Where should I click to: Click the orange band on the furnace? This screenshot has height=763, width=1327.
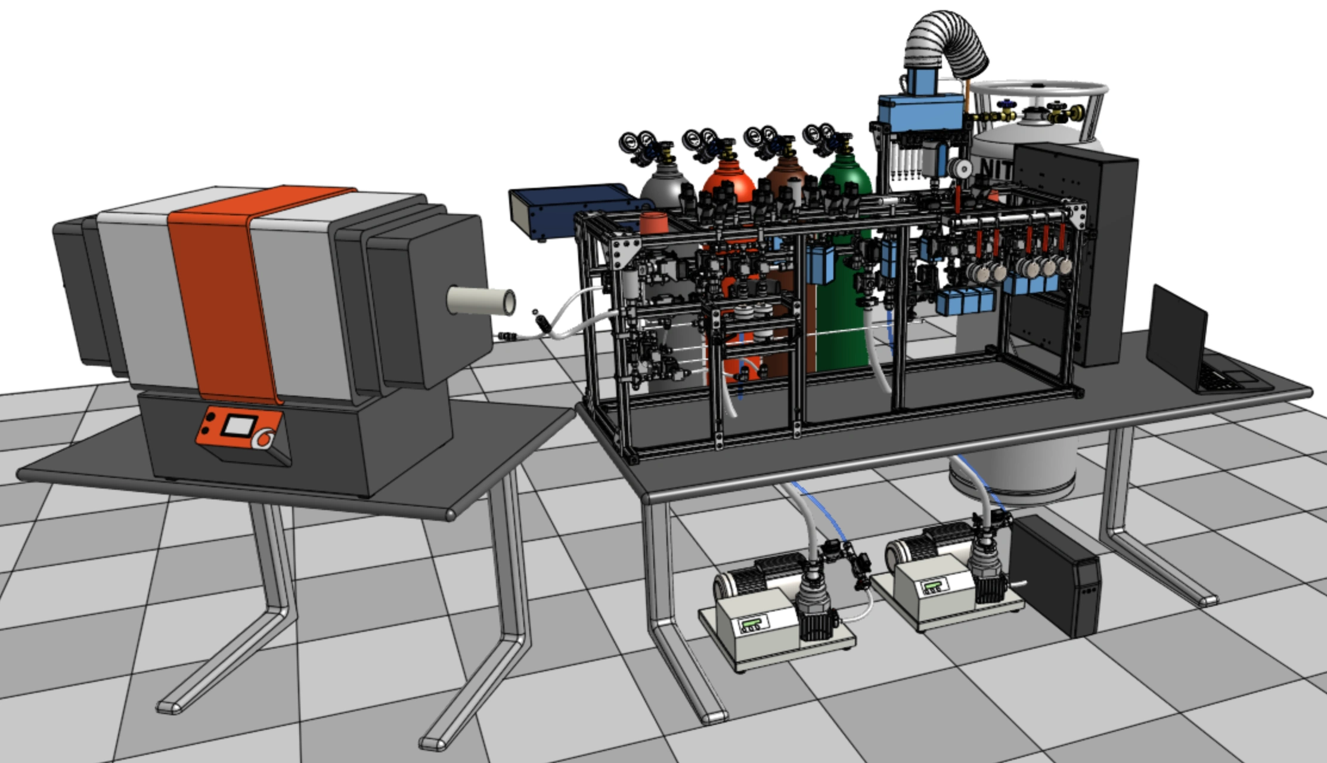pyautogui.click(x=221, y=286)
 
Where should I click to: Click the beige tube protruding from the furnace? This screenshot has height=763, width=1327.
pyautogui.click(x=480, y=301)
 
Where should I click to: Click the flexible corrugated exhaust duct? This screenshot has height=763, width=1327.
pyautogui.click(x=945, y=42)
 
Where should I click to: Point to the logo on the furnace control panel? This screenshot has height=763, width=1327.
pyautogui.click(x=263, y=439)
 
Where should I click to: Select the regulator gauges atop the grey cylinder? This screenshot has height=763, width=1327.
pyautogui.click(x=635, y=143)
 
